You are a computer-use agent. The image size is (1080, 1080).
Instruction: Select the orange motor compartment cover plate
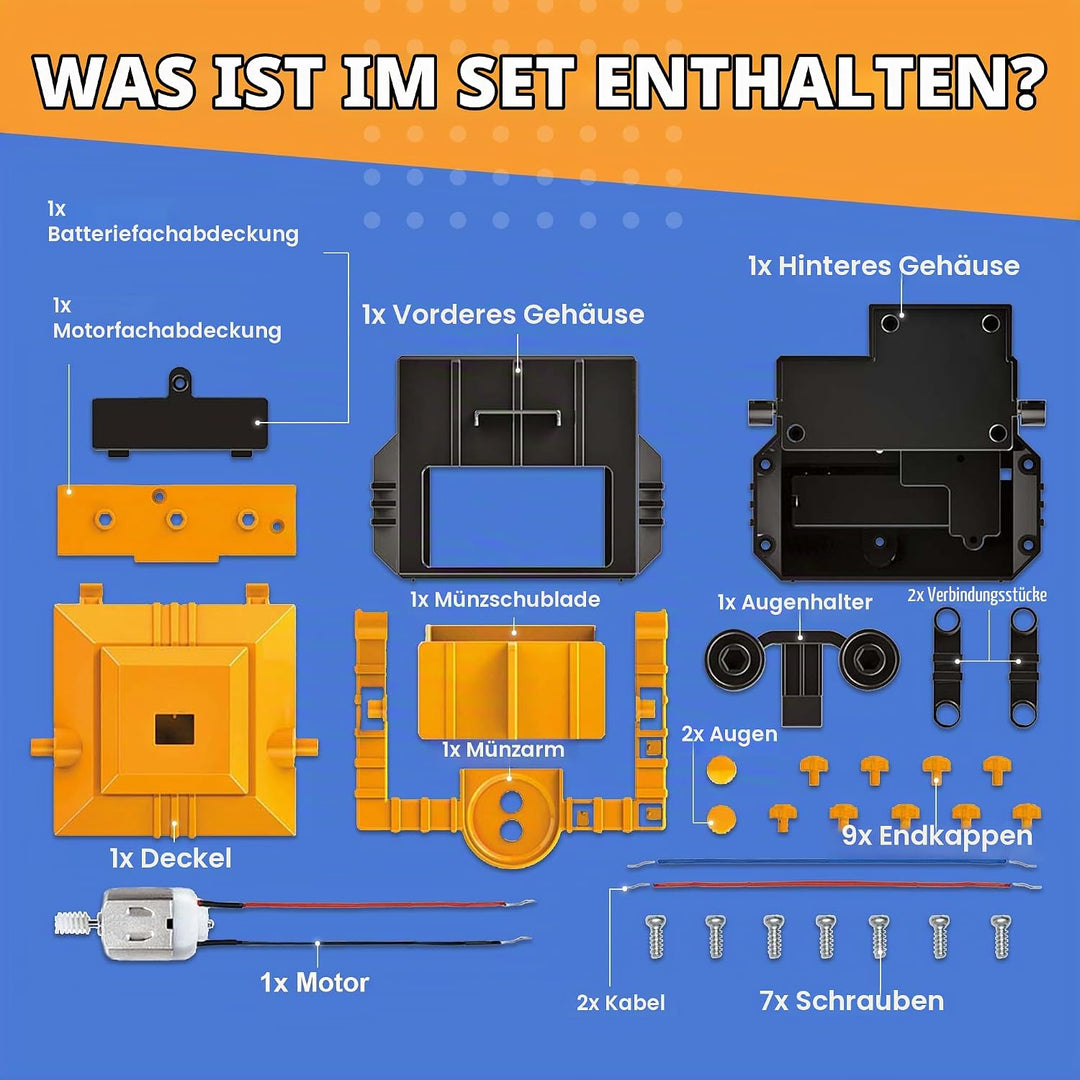tap(177, 521)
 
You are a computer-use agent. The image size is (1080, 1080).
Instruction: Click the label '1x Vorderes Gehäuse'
tap(503, 315)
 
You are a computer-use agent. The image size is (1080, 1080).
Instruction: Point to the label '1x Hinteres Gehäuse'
tap(884, 266)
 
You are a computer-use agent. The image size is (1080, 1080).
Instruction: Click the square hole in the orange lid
tap(174, 729)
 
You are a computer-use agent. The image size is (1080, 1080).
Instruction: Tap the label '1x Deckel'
tap(171, 858)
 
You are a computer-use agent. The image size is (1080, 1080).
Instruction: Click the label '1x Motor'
tap(315, 983)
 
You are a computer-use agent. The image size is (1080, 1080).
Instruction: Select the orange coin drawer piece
tap(512, 681)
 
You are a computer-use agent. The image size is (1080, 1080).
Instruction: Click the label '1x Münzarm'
tap(503, 749)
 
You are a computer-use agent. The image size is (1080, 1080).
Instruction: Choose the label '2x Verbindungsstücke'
tap(977, 595)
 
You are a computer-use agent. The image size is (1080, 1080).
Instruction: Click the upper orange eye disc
tap(721, 769)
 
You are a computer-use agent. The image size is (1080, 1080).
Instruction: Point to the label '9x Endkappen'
tap(937, 836)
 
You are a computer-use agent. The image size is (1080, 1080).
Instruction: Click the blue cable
tap(831, 862)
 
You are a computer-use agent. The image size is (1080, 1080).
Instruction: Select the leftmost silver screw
tap(655, 936)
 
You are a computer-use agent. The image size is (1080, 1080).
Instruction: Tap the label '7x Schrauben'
tap(851, 1001)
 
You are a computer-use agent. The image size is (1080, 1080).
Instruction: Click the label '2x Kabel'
tap(621, 1003)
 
